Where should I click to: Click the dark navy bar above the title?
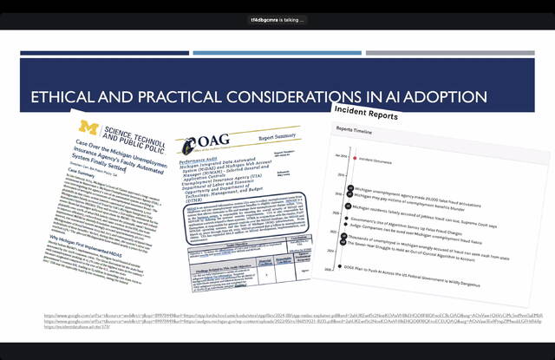pyautogui.click(x=104, y=54)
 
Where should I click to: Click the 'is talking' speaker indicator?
pyautogui.click(x=277, y=19)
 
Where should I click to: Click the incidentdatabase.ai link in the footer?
pyautogui.click(x=75, y=328)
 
